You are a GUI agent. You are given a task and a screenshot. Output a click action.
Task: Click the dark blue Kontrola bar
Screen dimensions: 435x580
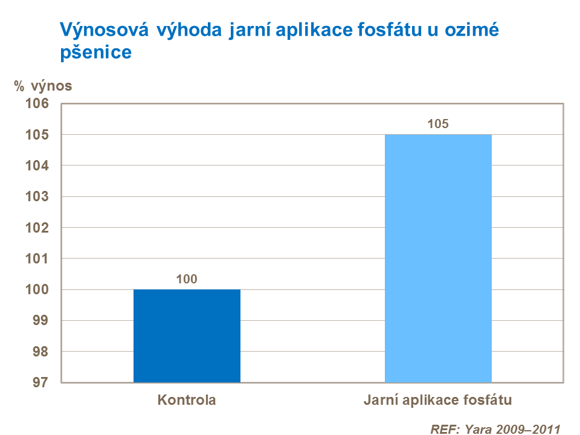[x=187, y=335]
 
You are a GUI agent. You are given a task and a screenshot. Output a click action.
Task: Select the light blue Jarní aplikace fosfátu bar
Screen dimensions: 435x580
[x=438, y=258]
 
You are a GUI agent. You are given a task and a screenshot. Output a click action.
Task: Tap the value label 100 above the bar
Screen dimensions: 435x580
[x=187, y=279]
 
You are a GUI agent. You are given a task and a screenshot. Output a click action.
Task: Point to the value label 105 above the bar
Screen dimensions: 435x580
[x=438, y=124]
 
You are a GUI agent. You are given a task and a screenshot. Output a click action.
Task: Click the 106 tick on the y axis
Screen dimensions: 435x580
[x=36, y=103]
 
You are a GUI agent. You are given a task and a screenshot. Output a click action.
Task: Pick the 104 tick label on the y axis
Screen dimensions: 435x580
[x=36, y=166]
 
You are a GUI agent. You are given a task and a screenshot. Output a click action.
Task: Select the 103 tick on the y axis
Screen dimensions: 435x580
[x=36, y=196]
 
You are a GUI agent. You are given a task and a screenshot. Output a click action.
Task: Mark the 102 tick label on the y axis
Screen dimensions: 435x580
[x=36, y=228]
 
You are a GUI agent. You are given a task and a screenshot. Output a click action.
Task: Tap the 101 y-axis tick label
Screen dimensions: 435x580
[x=36, y=259]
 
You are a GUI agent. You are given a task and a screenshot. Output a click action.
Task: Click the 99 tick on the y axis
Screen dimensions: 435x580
[x=40, y=320]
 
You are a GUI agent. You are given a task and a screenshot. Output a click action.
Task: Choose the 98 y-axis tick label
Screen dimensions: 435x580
[x=40, y=352]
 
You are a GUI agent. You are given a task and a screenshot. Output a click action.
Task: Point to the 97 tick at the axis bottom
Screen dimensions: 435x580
[x=40, y=382]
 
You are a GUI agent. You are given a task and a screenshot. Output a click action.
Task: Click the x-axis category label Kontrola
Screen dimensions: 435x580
[x=187, y=400]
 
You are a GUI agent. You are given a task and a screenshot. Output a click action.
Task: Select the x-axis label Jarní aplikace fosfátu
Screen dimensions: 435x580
[x=438, y=400]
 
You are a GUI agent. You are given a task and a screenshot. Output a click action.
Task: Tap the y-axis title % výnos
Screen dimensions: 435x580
[x=43, y=86]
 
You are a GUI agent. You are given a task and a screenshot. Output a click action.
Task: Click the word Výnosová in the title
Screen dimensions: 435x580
[x=103, y=30]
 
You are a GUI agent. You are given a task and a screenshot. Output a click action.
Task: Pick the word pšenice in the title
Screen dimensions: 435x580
[x=95, y=53]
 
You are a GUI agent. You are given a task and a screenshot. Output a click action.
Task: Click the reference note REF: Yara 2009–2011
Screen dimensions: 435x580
[x=495, y=430]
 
